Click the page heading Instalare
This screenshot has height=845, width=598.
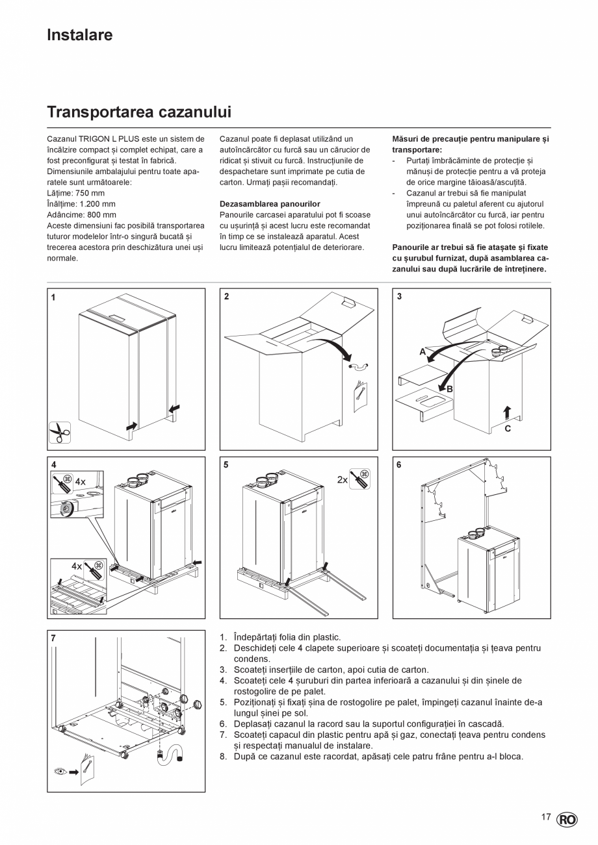[x=79, y=35]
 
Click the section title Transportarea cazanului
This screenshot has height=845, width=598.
[x=139, y=112]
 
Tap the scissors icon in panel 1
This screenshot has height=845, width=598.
[x=60, y=431]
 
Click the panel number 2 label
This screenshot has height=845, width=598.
[x=226, y=297]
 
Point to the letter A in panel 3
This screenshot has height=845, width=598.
[x=422, y=351]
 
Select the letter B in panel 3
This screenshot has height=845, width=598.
[x=449, y=388]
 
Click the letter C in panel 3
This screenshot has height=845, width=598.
[x=508, y=429]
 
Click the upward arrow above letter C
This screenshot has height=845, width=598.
[x=507, y=412]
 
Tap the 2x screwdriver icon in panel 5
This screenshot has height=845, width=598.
[x=359, y=479]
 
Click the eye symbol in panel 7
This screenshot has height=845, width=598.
[x=61, y=772]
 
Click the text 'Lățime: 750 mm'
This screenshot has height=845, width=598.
[x=75, y=194]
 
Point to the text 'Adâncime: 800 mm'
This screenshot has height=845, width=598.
[x=82, y=215]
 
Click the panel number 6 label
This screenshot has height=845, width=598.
[x=399, y=465]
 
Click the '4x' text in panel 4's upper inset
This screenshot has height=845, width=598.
[x=80, y=482]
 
